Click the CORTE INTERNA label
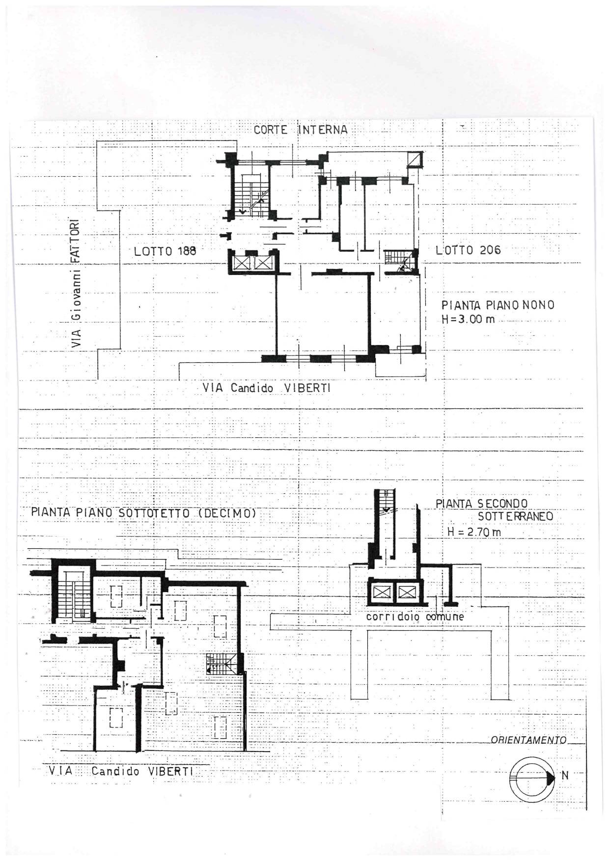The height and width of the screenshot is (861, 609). coord(301,130)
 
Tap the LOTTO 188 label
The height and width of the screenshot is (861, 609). coord(165,251)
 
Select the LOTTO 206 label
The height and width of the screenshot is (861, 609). coord(469,250)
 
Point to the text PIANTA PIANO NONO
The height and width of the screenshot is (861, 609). coord(498,305)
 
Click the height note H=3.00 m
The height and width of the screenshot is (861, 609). coord(468,319)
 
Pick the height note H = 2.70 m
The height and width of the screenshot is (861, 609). coord(474,532)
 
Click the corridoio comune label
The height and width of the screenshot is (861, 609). coord(415,617)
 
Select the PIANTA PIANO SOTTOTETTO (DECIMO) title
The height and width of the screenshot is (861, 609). coord(144,513)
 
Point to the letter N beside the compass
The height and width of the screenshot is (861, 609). coord(565,776)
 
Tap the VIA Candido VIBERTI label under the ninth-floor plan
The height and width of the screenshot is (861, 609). coord(267,388)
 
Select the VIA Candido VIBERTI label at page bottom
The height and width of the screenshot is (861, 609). coord(121,771)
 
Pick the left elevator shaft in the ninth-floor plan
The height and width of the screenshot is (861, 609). coord(242,263)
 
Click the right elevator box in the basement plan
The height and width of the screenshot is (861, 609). coord(407,593)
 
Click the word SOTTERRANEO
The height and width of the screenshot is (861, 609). coord(516,516)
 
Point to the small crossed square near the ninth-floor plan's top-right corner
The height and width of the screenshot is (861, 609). coord(415,160)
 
